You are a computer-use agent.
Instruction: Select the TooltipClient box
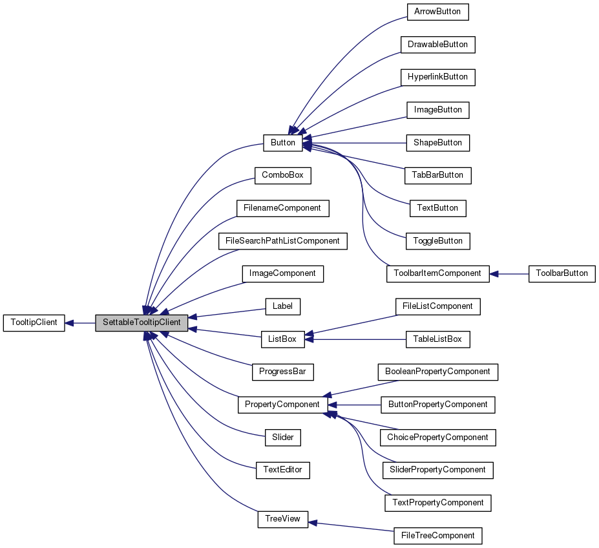34,322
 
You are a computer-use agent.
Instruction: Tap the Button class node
282,143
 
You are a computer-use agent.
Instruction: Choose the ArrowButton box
437,12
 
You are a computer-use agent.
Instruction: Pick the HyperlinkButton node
437,77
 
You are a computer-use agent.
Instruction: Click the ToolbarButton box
562,273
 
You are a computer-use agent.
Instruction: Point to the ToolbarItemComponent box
437,273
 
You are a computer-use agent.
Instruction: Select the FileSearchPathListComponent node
282,241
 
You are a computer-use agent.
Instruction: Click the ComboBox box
282,175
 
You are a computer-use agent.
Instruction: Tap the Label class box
282,306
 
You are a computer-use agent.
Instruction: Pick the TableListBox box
437,339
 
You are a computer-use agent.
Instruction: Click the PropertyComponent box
282,405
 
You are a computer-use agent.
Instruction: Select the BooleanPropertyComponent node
437,372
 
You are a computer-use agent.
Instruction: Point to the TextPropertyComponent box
437,503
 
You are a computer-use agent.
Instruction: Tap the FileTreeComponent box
437,536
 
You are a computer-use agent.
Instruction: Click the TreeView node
282,519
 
